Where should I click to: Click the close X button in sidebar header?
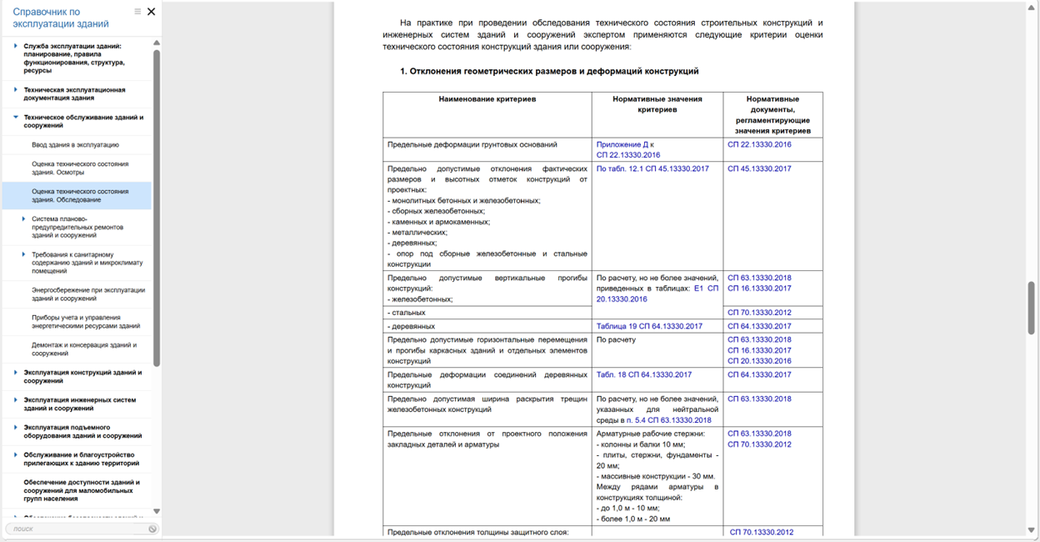pyautogui.click(x=151, y=12)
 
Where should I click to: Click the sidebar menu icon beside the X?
pyautogui.click(x=137, y=12)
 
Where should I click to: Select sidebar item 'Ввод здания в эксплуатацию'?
pyautogui.click(x=75, y=145)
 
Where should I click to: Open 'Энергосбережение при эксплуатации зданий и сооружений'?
pyautogui.click(x=87, y=294)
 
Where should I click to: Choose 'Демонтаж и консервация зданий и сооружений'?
pyautogui.click(x=83, y=349)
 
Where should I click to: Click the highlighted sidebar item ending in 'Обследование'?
pyautogui.click(x=79, y=195)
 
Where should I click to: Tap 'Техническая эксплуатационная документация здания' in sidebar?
pyautogui.click(x=74, y=93)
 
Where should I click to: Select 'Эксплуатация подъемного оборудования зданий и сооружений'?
pyautogui.click(x=82, y=431)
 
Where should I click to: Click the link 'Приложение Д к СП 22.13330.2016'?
pyautogui.click(x=627, y=149)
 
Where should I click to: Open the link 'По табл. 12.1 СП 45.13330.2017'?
pyautogui.click(x=652, y=168)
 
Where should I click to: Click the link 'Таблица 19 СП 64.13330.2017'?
pyautogui.click(x=649, y=326)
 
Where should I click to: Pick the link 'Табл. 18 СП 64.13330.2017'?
pyautogui.click(x=643, y=374)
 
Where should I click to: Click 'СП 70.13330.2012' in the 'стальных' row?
pyautogui.click(x=759, y=313)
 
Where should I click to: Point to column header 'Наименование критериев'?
pyautogui.click(x=487, y=98)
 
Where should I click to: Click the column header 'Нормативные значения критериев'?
pyautogui.click(x=657, y=103)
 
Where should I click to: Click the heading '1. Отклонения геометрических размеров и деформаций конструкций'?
pyautogui.click(x=548, y=72)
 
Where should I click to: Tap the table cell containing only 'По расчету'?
pyautogui.click(x=616, y=339)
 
